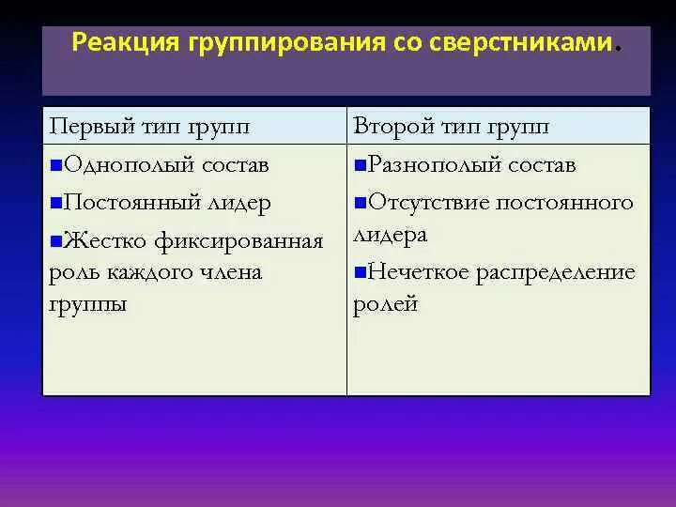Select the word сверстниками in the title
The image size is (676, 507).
tap(524, 43)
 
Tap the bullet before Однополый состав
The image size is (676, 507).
tap(57, 166)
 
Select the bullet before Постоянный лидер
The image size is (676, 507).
tap(57, 203)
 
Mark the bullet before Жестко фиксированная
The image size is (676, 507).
tap(57, 242)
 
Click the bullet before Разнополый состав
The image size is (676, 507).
tap(361, 166)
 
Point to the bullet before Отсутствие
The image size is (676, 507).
tap(361, 203)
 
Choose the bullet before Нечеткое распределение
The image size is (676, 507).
tap(361, 273)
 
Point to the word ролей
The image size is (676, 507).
tap(385, 305)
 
